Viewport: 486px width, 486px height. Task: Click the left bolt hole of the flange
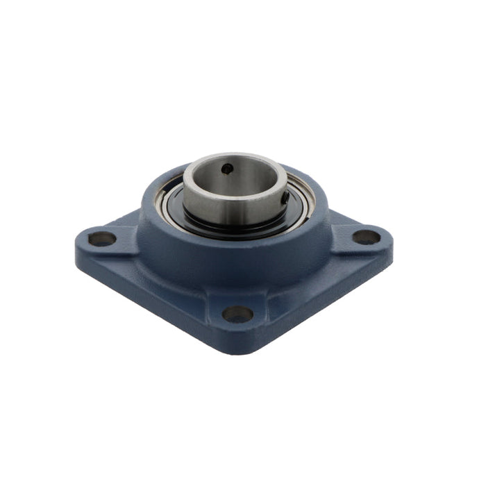102,239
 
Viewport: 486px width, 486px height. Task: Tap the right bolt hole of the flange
366,237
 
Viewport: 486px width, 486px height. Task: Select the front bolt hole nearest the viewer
237,314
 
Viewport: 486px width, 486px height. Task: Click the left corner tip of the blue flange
76,243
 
